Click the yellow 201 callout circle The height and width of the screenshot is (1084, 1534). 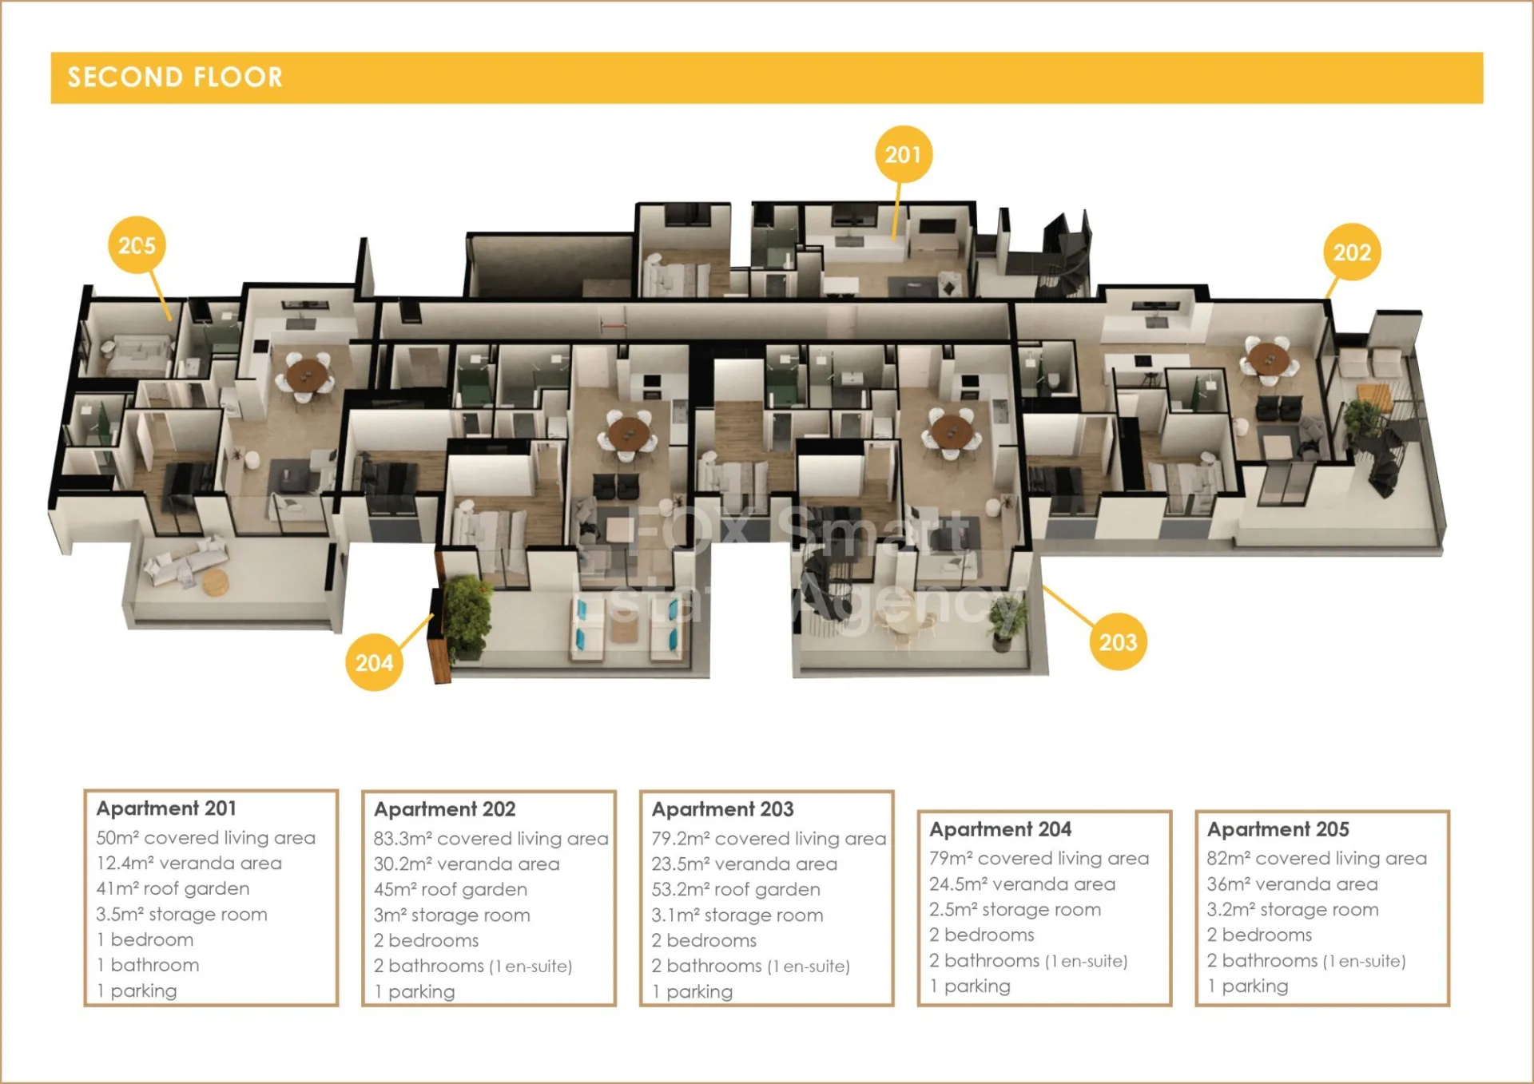903,154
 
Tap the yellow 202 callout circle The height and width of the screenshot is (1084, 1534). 1352,252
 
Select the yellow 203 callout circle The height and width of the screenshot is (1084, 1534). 1118,641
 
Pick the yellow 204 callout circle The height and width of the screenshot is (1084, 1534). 374,662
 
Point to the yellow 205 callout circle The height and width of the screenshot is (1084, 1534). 137,245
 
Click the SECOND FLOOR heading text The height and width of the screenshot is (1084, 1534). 175,77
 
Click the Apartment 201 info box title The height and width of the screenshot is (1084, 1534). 166,808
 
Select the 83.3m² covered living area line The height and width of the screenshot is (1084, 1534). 491,839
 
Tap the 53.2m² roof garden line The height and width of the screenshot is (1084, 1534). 736,889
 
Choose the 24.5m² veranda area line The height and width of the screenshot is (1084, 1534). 1022,884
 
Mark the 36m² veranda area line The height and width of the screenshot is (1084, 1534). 1292,884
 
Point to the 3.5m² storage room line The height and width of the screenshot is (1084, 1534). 181,914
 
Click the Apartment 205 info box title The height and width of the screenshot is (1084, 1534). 1278,829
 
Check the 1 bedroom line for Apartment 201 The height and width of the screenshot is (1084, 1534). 145,939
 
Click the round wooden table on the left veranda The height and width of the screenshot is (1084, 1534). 215,582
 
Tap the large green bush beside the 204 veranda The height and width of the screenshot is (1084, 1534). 467,616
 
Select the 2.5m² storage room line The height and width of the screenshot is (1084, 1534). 1015,910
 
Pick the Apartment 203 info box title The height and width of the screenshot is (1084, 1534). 722,809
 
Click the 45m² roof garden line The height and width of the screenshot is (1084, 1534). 450,889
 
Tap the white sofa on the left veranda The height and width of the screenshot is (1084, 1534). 185,559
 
